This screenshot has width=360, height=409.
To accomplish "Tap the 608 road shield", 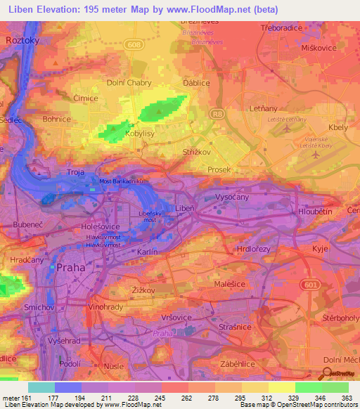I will (133, 44).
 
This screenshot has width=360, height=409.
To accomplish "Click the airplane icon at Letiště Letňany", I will (286, 130).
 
